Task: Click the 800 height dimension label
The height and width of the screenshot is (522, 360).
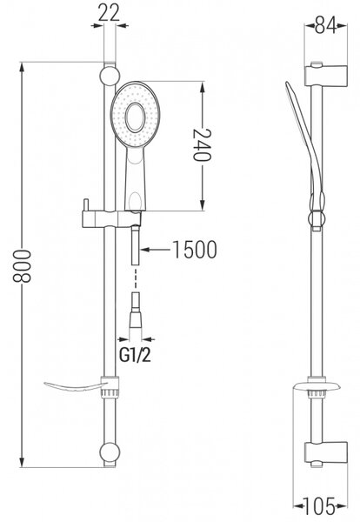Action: click(22, 266)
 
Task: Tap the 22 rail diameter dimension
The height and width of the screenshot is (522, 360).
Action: click(110, 13)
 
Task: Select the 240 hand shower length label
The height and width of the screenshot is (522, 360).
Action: click(202, 144)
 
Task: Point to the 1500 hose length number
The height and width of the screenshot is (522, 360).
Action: click(195, 250)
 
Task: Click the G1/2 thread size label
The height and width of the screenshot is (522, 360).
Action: click(135, 356)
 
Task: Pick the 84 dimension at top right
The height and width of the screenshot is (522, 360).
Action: click(326, 25)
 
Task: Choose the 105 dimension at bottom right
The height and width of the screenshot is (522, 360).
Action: click(319, 506)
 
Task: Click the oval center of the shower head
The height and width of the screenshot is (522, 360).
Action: click(135, 117)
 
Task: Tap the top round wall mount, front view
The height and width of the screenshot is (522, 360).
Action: click(110, 76)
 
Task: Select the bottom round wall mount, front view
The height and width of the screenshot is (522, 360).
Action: click(110, 452)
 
